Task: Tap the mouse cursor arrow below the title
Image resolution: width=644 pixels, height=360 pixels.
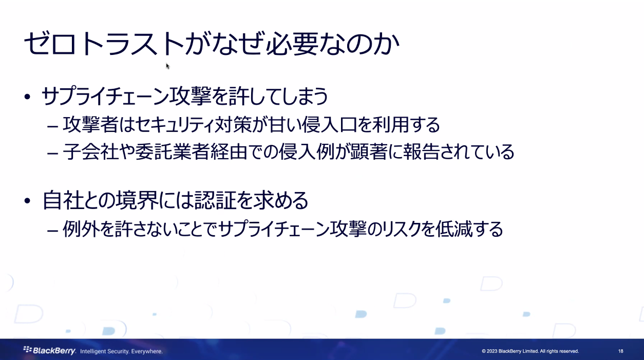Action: click(167, 66)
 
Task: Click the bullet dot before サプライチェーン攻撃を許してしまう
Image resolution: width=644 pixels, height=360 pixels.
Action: click(28, 97)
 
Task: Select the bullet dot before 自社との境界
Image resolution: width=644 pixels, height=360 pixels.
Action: click(28, 200)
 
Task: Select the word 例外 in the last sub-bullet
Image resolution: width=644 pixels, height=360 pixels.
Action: click(77, 229)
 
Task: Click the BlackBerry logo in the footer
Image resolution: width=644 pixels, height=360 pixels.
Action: click(50, 351)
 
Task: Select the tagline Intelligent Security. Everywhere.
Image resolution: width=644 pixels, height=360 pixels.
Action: click(122, 351)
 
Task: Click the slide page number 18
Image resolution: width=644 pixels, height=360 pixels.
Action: click(620, 351)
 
